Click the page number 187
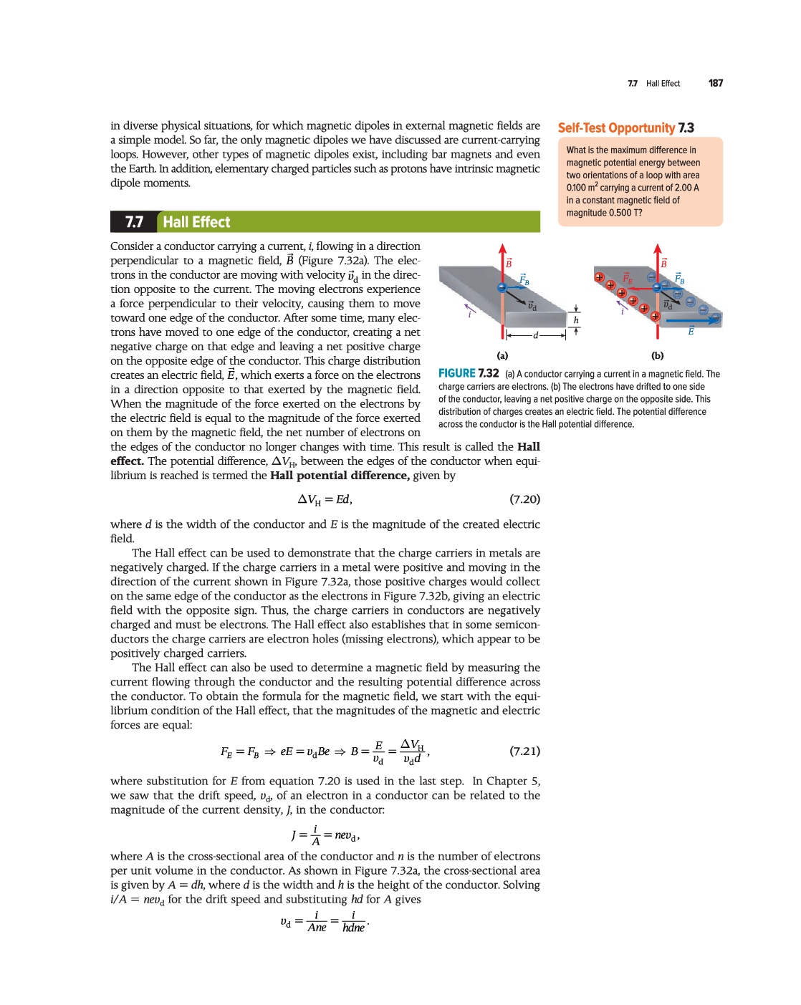click(x=715, y=83)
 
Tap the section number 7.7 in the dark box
click(x=134, y=222)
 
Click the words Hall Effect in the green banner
click(x=196, y=222)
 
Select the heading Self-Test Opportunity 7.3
click(x=625, y=128)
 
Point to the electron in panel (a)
click(x=502, y=288)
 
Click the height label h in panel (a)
click(x=575, y=320)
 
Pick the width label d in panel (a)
click(x=535, y=335)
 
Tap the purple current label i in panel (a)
click(x=469, y=313)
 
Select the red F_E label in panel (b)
click(x=627, y=277)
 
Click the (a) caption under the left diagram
click(x=502, y=355)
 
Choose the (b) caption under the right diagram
click(x=657, y=355)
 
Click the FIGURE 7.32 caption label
click(x=469, y=373)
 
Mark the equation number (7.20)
click(x=524, y=499)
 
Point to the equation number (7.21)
click(x=524, y=751)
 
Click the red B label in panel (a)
click(x=509, y=263)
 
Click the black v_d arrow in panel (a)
click(x=517, y=297)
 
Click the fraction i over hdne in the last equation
click(x=353, y=922)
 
